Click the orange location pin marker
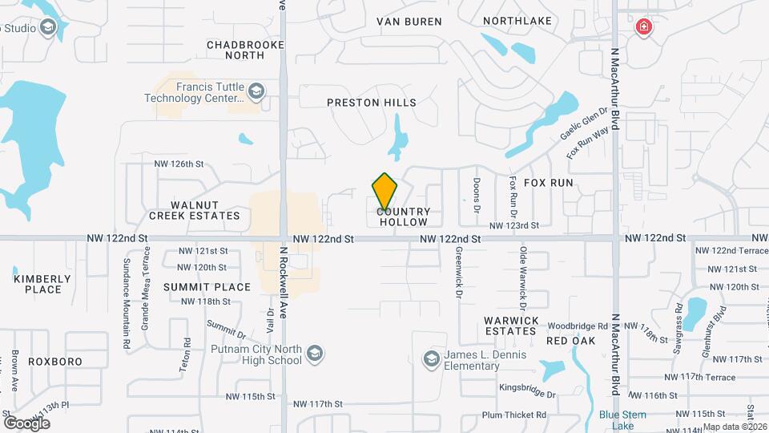[384, 191]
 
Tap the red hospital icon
[642, 28]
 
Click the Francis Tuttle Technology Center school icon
[256, 90]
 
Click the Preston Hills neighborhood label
[372, 103]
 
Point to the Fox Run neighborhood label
[549, 183]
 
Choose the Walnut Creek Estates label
[195, 210]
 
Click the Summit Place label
[196, 286]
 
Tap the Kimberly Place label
[42, 284]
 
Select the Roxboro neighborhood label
[55, 362]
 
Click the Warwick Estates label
[510, 326]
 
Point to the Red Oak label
[570, 341]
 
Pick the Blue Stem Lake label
[617, 420]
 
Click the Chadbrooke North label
[236, 50]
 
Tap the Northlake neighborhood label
[516, 22]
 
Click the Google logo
[26, 423]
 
